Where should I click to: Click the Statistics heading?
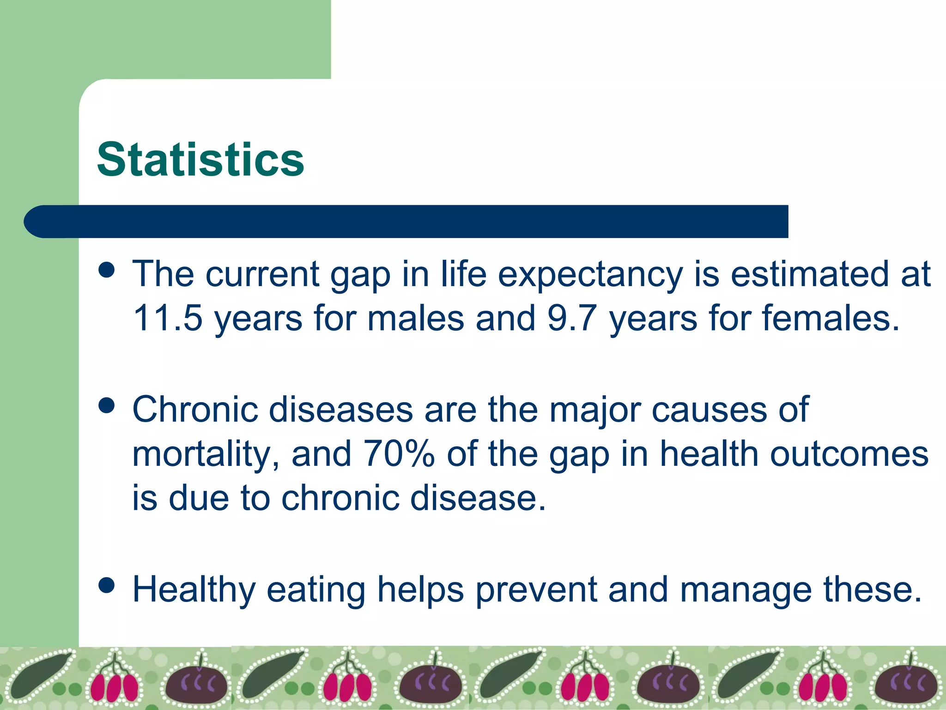[x=200, y=159]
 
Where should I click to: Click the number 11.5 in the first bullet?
[x=168, y=318]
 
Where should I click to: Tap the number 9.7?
[x=572, y=318]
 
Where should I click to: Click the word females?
[x=830, y=318]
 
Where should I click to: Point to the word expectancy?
[x=590, y=275]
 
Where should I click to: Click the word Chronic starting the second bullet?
[x=194, y=409]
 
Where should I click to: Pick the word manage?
[x=746, y=590]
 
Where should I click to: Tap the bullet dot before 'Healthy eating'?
[x=107, y=585]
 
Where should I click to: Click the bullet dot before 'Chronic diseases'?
[x=107, y=405]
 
